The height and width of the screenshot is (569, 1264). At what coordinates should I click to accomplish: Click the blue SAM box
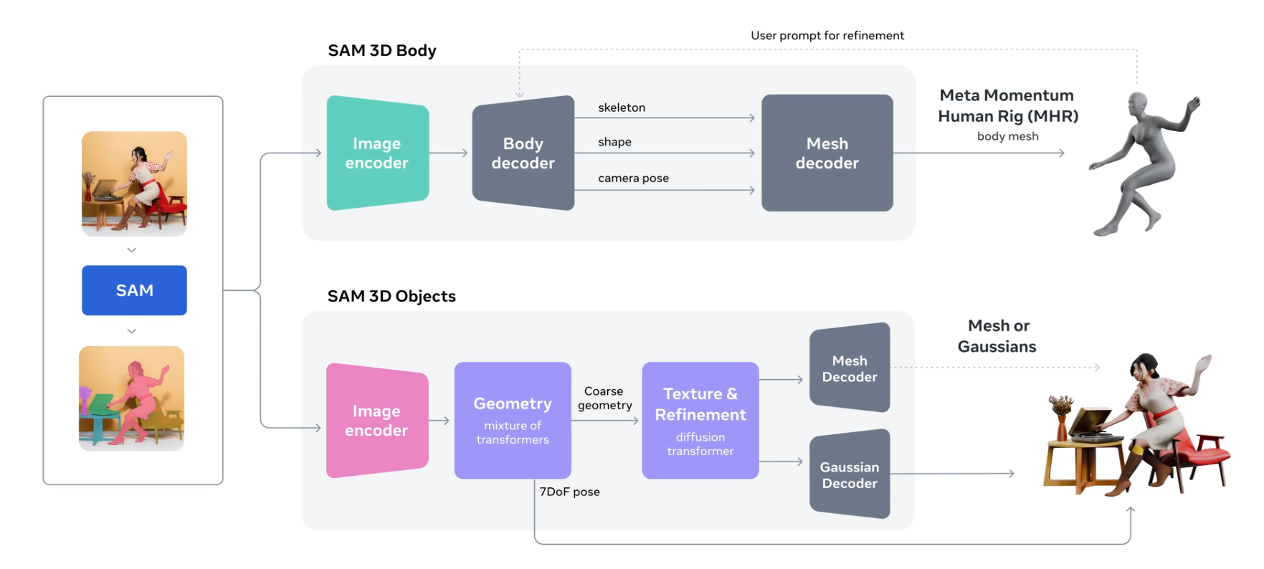(134, 290)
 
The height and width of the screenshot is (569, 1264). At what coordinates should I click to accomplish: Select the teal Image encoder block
(377, 153)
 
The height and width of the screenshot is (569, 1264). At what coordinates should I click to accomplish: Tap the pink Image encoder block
(376, 421)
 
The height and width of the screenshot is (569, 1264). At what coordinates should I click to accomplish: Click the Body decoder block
(523, 153)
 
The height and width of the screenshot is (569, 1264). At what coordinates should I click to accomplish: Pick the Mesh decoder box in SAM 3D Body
(827, 153)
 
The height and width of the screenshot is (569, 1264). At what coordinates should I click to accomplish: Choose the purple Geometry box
(512, 420)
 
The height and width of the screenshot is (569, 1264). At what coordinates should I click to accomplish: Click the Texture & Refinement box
(700, 420)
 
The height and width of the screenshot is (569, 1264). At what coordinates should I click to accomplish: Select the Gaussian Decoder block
(850, 474)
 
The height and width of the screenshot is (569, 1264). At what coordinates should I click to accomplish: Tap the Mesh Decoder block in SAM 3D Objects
(850, 368)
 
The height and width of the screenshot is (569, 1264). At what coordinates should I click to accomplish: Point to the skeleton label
(622, 107)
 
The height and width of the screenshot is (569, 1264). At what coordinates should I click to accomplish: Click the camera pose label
(633, 178)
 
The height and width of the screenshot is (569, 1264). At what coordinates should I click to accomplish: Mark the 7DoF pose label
(569, 492)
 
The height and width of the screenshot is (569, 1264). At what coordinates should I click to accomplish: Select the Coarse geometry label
(604, 398)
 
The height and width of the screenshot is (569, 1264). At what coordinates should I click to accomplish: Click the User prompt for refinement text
(827, 36)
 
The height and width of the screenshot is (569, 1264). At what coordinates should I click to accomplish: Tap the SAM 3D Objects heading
(391, 296)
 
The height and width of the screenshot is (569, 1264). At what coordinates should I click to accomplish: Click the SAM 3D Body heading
(382, 50)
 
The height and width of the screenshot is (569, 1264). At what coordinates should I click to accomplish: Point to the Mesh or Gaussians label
(997, 336)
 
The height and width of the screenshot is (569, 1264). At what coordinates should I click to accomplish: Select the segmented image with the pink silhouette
(132, 398)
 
